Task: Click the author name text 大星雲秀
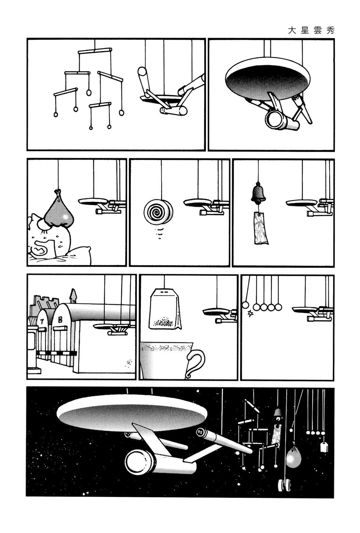pyautogui.click(x=311, y=31)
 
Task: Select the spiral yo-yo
pyautogui.click(x=158, y=211)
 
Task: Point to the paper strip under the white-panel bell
pyautogui.click(x=260, y=228)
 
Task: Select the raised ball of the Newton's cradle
pyautogui.click(x=245, y=305)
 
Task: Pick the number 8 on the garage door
pyautogui.click(x=60, y=320)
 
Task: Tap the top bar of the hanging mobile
pyautogui.click(x=95, y=51)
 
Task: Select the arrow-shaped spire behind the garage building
pyautogui.click(x=73, y=296)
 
